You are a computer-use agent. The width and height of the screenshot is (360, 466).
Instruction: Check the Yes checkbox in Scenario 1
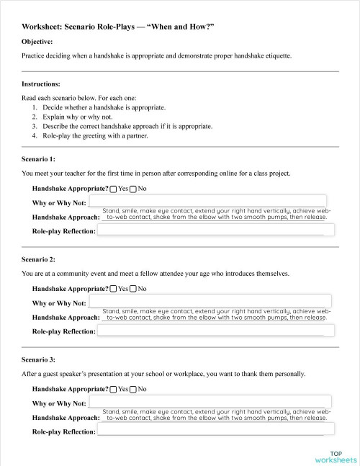click(114, 189)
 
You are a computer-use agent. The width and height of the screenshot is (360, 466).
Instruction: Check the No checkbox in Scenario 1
click(133, 189)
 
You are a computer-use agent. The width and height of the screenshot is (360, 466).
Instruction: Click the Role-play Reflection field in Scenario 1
click(216, 230)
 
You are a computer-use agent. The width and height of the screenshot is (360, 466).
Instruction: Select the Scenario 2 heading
click(39, 258)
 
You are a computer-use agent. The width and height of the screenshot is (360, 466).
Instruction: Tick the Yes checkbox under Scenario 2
click(114, 289)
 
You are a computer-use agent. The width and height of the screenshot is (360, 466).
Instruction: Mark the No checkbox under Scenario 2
click(133, 289)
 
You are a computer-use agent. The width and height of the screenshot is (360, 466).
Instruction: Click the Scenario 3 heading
click(39, 358)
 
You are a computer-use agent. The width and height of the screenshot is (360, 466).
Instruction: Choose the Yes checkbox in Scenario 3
click(114, 389)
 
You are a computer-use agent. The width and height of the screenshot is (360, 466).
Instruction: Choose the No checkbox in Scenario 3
click(133, 389)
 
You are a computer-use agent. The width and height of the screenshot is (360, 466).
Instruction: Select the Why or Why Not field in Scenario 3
click(210, 402)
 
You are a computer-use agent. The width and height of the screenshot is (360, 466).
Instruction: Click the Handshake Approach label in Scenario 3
click(66, 418)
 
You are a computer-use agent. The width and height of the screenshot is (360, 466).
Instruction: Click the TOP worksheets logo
click(335, 457)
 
